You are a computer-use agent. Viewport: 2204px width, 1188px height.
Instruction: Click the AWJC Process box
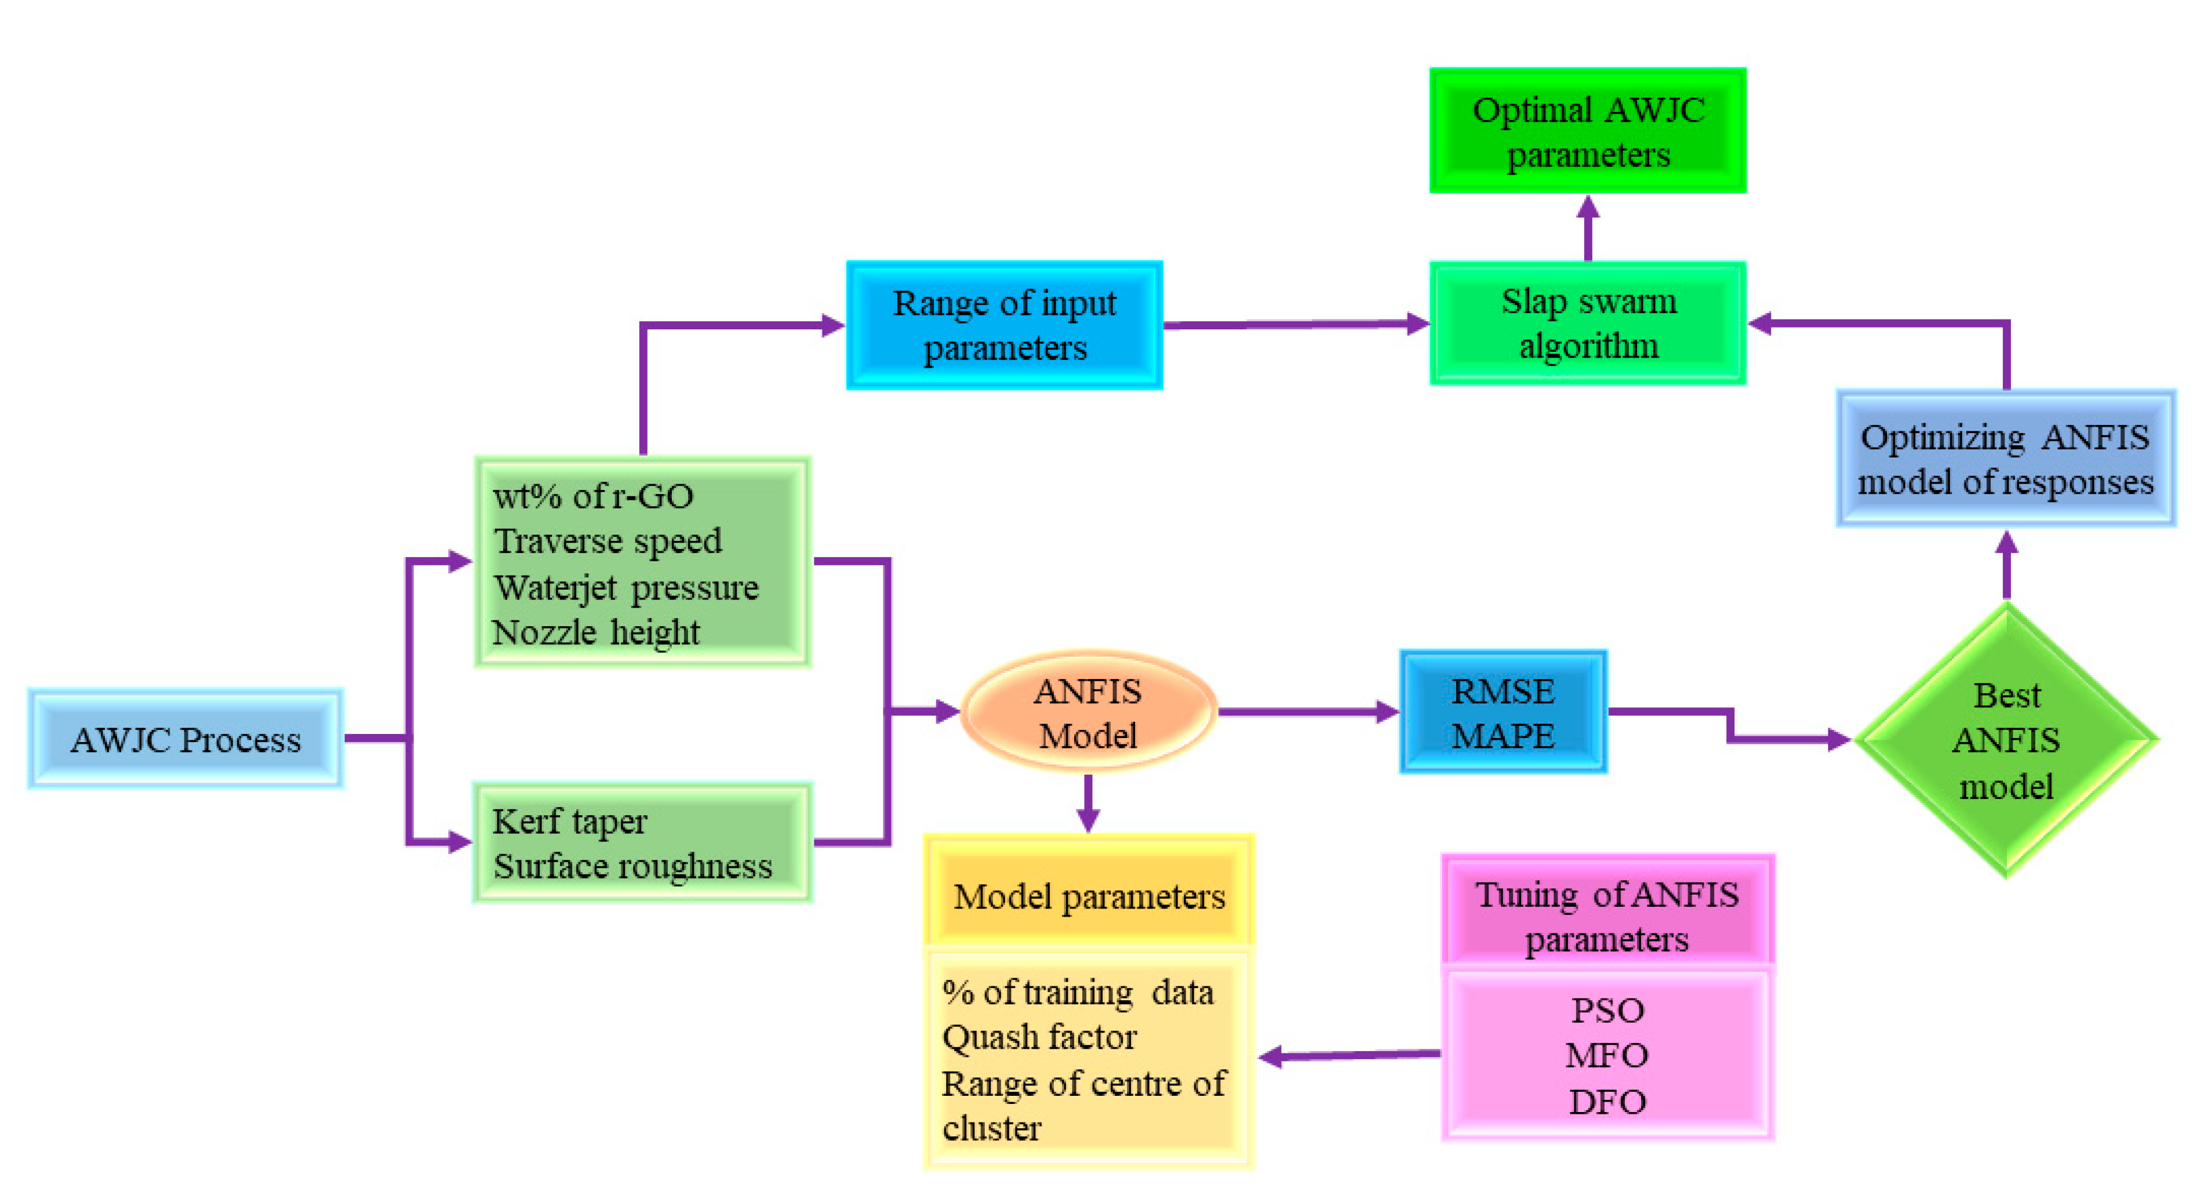[x=186, y=739]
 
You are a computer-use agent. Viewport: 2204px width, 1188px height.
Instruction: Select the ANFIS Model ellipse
[x=1088, y=712]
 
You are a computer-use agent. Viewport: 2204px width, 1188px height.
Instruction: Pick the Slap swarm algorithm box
[x=1587, y=324]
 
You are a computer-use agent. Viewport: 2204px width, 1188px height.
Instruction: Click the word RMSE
[x=1503, y=691]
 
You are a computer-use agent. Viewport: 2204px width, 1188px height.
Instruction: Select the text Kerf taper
[x=570, y=822]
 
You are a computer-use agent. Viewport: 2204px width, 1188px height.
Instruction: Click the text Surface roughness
[x=632, y=866]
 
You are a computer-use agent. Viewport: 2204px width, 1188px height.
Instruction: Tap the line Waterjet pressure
[x=626, y=588]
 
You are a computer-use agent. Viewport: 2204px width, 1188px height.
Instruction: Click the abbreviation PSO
[x=1607, y=1011]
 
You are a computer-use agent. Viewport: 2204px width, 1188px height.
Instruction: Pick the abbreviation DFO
[x=1607, y=1102]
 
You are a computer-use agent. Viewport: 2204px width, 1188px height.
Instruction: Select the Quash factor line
[x=1039, y=1037]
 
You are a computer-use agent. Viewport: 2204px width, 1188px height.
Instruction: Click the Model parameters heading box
[x=1088, y=896]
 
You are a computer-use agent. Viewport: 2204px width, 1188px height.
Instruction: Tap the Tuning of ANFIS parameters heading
[x=1607, y=916]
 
